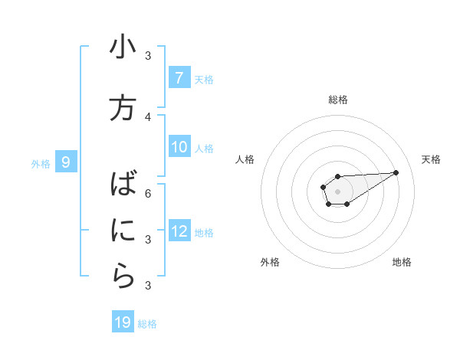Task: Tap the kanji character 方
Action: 123,107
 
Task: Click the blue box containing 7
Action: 179,77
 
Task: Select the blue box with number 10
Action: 179,147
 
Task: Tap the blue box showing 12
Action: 179,231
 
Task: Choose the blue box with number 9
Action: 66,162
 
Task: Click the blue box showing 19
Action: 123,322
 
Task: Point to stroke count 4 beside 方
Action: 148,117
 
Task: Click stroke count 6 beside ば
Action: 148,193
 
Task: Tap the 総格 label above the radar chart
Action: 338,100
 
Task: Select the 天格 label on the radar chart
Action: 432,159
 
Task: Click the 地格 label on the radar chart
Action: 402,262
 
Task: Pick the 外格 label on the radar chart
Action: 270,262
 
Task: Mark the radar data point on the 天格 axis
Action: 396,172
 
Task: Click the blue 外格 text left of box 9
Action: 41,163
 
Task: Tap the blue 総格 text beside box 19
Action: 147,324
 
